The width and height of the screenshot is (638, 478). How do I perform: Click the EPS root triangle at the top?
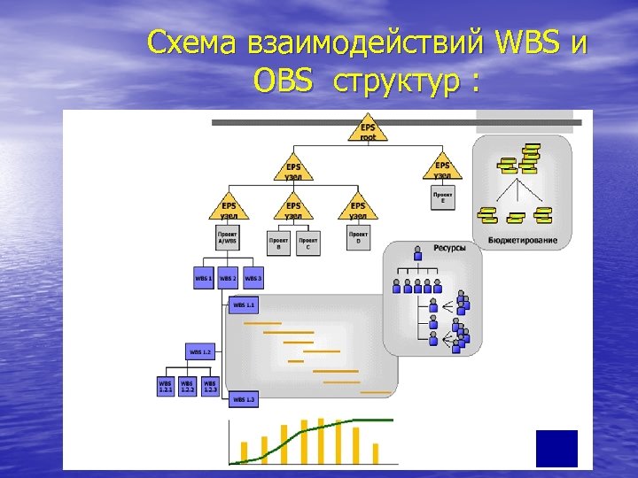coord(368,129)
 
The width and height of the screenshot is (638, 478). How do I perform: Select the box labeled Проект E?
coord(443,197)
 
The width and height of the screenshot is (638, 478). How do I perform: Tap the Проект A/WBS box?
coord(228,238)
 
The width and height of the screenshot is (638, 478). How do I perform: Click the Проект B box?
coord(278,243)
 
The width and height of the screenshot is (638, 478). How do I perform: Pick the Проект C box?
coord(308,243)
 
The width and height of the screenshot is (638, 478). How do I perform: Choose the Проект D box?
coord(358,238)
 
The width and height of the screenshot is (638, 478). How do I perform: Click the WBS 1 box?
coord(204,278)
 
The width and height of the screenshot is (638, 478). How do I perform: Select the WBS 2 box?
coord(229,278)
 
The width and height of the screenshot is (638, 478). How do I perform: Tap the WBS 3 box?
coord(253,278)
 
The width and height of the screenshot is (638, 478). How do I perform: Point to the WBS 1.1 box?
coord(244,305)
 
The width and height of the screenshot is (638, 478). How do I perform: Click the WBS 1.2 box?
coord(200,351)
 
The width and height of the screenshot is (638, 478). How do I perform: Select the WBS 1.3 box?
coord(244,399)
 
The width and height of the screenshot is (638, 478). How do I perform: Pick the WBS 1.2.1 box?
coord(166,387)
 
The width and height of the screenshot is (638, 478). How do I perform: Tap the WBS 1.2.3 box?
coord(210,387)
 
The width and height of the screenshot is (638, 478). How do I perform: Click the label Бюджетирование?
coord(523,240)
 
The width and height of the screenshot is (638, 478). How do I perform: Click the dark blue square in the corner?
coord(556,448)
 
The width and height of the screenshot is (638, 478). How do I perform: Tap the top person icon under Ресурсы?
coord(418,257)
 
